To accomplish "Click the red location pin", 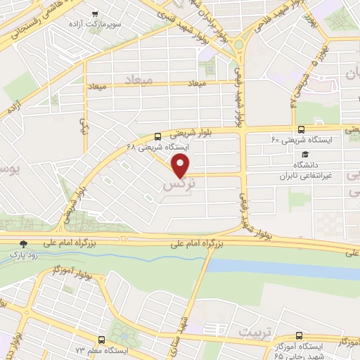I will point(182,167).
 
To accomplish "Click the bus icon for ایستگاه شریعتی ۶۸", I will point(157,136).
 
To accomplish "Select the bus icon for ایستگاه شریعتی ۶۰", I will point(301,129).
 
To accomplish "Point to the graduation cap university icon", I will point(304,154).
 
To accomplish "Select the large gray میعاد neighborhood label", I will point(139,77).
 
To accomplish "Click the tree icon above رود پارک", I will point(25,243).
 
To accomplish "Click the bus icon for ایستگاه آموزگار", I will point(300,337).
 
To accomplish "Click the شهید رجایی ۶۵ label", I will point(333,356).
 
